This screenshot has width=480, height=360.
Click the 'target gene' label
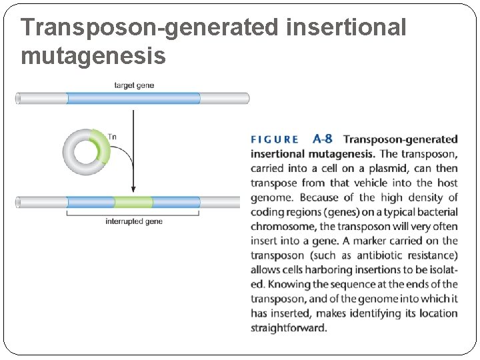[133, 85]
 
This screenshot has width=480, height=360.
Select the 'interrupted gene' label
[133, 221]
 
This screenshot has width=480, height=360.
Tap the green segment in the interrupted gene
[133, 202]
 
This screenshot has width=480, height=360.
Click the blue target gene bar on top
[133, 99]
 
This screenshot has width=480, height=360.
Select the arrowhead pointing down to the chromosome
[133, 189]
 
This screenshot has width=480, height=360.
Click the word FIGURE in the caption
[275, 140]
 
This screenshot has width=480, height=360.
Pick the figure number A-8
[322, 139]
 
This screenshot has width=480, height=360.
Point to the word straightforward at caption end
[289, 328]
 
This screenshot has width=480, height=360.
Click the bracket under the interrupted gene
[133, 213]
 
